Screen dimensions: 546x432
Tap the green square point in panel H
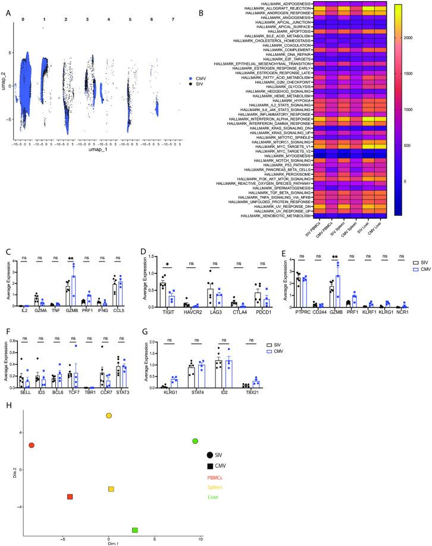[135, 530]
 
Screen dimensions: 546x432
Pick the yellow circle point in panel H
[109, 416]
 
